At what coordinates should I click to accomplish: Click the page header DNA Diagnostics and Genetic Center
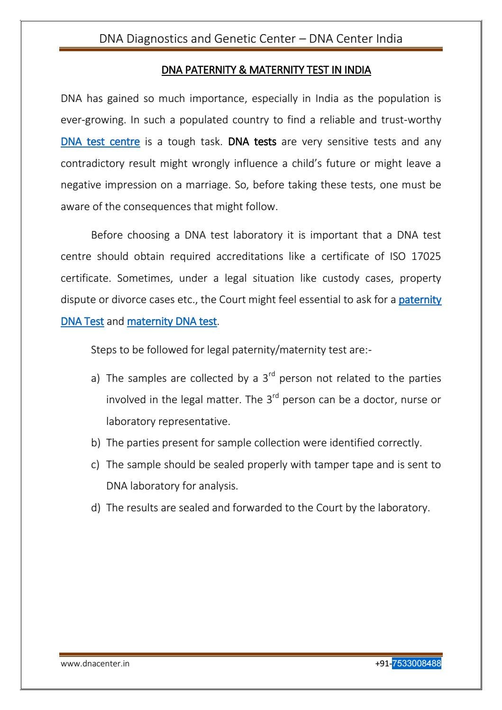pos(251,38)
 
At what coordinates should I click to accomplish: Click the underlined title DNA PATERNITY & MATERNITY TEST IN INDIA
pos(266,70)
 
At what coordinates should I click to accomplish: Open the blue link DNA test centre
pos(100,142)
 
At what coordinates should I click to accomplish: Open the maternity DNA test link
pos(172,322)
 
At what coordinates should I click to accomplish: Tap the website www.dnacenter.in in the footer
pos(95,664)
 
